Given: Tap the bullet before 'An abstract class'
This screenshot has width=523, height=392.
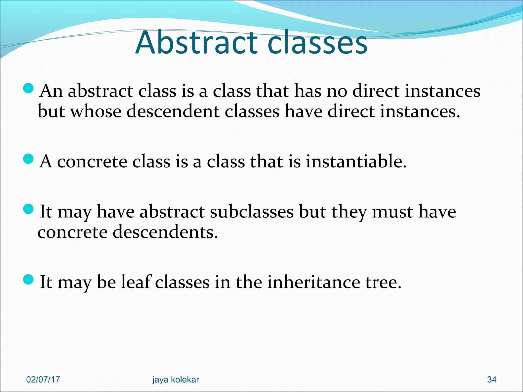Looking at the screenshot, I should click(x=28, y=88).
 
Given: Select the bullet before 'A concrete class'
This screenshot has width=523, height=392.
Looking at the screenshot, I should click(x=28, y=159).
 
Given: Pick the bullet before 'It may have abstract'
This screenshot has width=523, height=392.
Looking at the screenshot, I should click(x=28, y=209).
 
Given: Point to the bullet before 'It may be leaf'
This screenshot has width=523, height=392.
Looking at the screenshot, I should click(x=28, y=279).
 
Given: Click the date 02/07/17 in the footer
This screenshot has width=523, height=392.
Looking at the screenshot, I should click(x=43, y=379).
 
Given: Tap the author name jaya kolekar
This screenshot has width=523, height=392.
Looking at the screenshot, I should click(x=175, y=379).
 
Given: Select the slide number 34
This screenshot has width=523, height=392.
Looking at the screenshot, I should click(x=492, y=379).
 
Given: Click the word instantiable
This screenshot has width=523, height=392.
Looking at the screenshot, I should click(x=356, y=161).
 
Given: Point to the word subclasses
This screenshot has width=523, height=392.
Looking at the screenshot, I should click(x=252, y=212).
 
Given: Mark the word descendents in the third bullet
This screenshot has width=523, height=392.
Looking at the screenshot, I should click(x=165, y=232).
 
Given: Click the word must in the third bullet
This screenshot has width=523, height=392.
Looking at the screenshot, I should click(x=392, y=212).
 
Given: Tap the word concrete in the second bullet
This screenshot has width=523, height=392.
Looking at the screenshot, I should click(x=92, y=161).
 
